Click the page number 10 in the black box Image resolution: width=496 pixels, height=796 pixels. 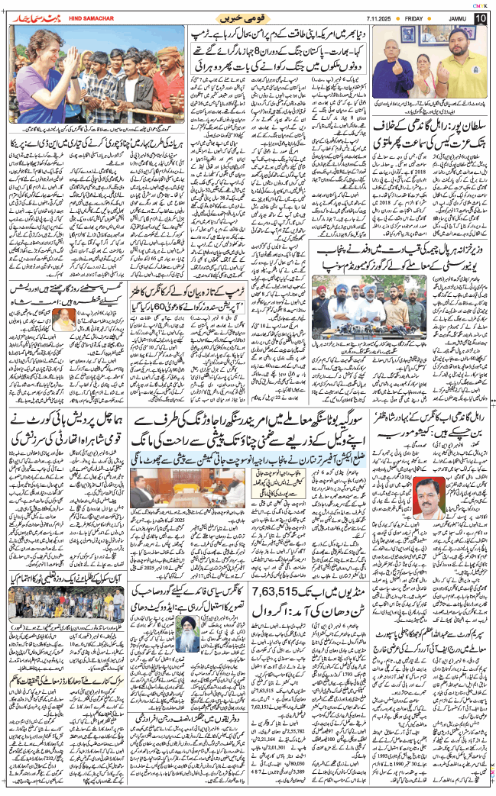pos(480,18)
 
